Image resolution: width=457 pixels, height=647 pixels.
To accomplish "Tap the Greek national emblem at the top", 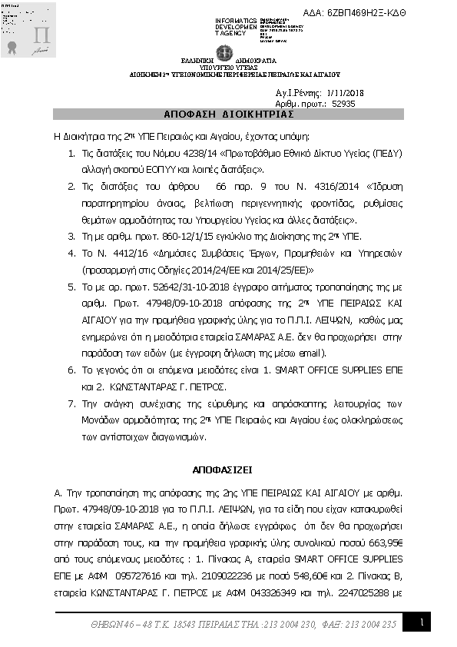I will click(225, 53).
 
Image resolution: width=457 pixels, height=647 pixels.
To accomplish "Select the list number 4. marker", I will click(72, 251).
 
